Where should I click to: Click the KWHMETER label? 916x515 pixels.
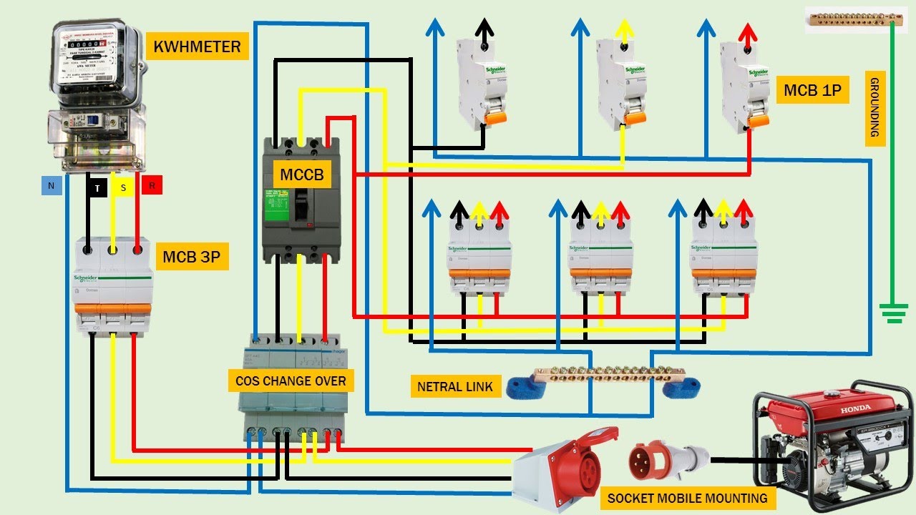(x=197, y=48)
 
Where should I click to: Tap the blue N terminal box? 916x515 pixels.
(x=51, y=185)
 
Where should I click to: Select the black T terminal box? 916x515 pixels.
(x=97, y=187)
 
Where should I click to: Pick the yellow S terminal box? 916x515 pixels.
(x=123, y=187)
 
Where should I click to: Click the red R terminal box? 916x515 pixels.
(x=152, y=185)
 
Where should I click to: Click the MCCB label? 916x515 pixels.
(x=302, y=174)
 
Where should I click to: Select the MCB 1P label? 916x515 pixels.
(x=812, y=90)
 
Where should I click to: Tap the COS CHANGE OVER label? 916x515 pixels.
(x=291, y=381)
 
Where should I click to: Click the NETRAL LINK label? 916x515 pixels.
(x=455, y=387)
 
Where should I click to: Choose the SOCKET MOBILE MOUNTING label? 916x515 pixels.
(x=687, y=498)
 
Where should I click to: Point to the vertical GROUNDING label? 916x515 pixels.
(x=874, y=109)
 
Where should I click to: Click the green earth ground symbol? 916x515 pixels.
(x=892, y=313)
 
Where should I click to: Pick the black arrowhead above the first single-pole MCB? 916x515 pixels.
(x=485, y=29)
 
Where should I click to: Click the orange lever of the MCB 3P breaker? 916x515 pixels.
(x=113, y=310)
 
